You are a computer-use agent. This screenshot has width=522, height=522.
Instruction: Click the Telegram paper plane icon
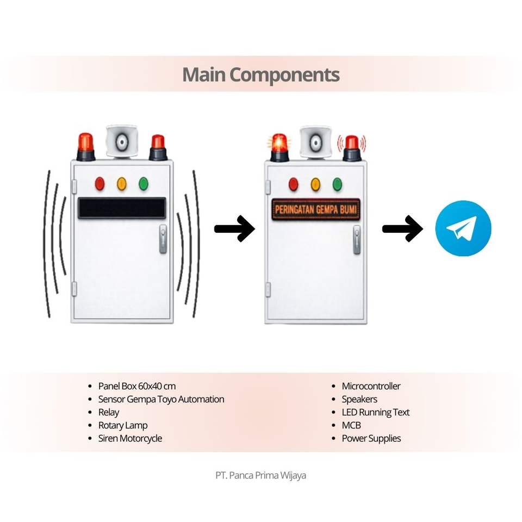pyautogui.click(x=463, y=228)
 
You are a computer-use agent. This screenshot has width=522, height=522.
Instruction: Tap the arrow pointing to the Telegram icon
pyautogui.click(x=402, y=228)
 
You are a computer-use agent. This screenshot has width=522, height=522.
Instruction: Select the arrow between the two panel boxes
pyautogui.click(x=234, y=228)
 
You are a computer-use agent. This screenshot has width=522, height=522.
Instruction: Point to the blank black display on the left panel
pyautogui.click(x=122, y=208)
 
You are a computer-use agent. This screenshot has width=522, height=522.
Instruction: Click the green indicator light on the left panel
pyautogui.click(x=144, y=184)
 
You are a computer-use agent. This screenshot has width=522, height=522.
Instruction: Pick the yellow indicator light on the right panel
pyautogui.click(x=315, y=184)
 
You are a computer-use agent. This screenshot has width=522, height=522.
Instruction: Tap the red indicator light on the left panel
pyautogui.click(x=100, y=184)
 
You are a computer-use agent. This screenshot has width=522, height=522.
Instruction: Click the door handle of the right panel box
pyautogui.click(x=357, y=240)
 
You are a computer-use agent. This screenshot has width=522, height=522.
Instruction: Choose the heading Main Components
pyautogui.click(x=261, y=74)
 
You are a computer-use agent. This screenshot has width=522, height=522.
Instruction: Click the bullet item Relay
pyautogui.click(x=109, y=412)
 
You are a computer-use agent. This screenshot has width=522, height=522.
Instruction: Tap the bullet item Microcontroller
pyautogui.click(x=371, y=386)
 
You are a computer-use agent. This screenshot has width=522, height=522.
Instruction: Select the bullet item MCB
pyautogui.click(x=351, y=425)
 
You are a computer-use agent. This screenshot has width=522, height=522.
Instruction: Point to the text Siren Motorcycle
pyautogui.click(x=130, y=438)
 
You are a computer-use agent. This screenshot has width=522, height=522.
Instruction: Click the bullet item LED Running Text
pyautogui.click(x=375, y=412)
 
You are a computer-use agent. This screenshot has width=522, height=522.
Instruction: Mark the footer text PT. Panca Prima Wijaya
pyautogui.click(x=261, y=475)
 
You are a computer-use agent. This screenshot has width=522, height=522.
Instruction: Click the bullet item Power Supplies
pyautogui.click(x=371, y=438)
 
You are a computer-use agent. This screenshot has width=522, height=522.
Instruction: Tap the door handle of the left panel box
pyautogui.click(x=163, y=239)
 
